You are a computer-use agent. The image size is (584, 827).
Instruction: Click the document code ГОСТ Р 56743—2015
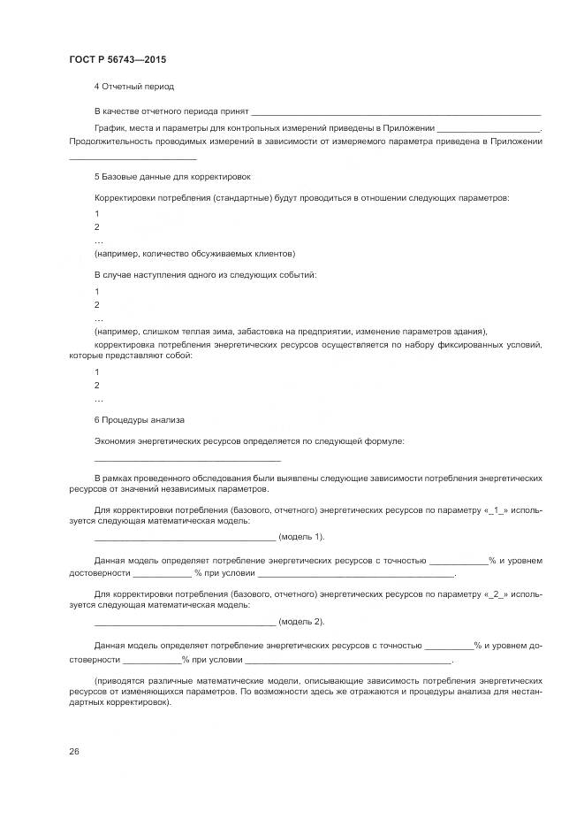(x=118, y=59)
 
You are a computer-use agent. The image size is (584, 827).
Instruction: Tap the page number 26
(x=74, y=751)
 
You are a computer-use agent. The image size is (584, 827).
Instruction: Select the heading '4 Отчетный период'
(x=133, y=87)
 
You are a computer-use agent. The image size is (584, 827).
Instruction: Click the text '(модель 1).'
(x=301, y=537)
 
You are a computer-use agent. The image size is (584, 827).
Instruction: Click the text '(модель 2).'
(x=301, y=622)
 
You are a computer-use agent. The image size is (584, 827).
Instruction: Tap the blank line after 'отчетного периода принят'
(x=396, y=112)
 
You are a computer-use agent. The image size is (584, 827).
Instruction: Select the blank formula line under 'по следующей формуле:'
(x=187, y=460)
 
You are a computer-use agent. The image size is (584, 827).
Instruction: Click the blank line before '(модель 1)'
(x=185, y=538)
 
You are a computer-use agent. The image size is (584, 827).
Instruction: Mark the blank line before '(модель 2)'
(x=185, y=623)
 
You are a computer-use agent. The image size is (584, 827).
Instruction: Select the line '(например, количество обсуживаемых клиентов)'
(x=194, y=253)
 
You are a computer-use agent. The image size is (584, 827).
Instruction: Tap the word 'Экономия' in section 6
(x=115, y=440)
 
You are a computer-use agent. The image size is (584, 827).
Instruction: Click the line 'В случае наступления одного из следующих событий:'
(x=205, y=275)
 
